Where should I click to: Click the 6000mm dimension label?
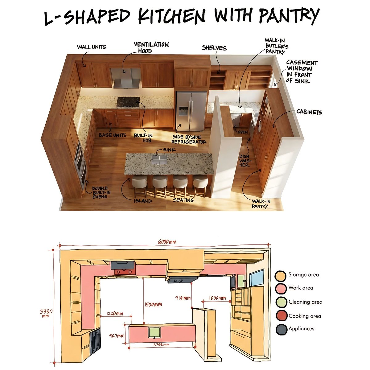point(167,242)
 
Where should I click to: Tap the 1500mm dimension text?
point(153,304)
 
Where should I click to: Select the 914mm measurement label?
point(183,298)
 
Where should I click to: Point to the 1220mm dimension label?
point(115,314)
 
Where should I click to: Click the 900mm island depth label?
point(117,336)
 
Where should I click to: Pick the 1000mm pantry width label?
point(217,298)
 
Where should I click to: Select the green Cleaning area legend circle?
point(281,302)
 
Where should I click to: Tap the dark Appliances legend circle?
point(282,330)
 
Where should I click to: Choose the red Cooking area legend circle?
point(281,316)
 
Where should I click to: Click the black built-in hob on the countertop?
point(128,102)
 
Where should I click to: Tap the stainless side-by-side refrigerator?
point(191,111)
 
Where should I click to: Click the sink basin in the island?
point(159,160)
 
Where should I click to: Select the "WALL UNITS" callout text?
point(91,47)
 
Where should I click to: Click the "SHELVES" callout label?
point(214,47)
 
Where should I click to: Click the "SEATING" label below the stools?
point(183,200)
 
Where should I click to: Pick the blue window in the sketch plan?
point(256,278)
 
